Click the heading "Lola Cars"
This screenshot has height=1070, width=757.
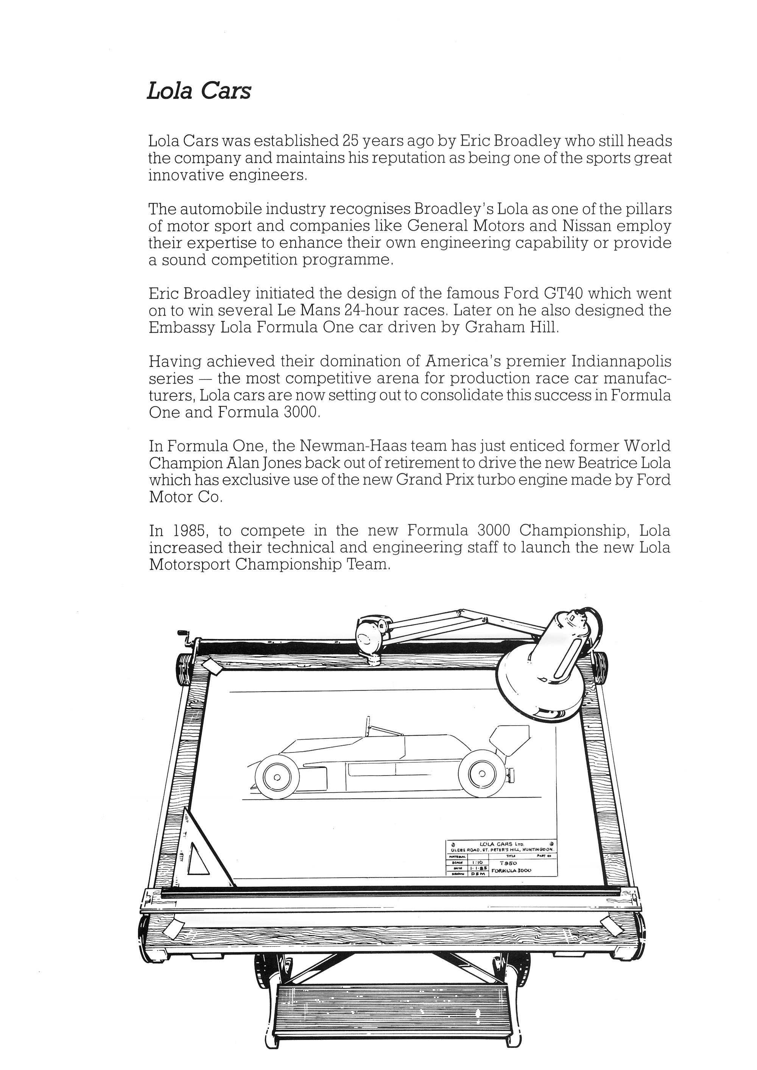tap(199, 91)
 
